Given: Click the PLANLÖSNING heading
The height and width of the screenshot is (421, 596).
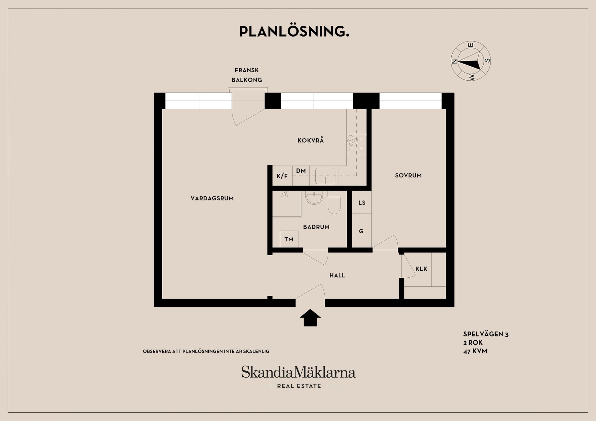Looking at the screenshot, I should tap(294, 32).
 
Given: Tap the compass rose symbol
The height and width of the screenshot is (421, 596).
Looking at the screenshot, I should tap(471, 61).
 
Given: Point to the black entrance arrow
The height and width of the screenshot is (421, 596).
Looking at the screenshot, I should tap(310, 318).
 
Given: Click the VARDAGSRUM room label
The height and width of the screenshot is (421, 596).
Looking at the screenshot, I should tap(212, 199).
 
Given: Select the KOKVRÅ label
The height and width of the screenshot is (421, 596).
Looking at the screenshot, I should tap(310, 141).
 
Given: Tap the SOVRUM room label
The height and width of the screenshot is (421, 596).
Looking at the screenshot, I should tap(408, 176).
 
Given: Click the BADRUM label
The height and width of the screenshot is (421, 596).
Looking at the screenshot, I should tap(316, 227).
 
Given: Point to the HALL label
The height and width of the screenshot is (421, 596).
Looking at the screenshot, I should tap(337, 275).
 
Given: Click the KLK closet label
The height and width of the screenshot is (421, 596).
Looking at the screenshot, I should tap(421, 269).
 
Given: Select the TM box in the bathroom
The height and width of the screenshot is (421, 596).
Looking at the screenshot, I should tap(289, 239).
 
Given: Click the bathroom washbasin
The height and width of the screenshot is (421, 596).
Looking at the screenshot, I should tap(314, 198).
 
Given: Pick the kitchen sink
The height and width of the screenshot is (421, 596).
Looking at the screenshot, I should tap(325, 176).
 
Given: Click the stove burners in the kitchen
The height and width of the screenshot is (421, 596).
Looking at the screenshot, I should tap(351, 140).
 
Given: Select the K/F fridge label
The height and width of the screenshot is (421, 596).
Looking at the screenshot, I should tap(282, 176).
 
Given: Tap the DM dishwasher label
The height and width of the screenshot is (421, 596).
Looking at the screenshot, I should tap(301, 171).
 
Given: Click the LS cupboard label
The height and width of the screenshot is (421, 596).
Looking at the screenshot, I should tap(362, 203).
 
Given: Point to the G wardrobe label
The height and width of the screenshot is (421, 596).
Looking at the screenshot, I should tap(361, 231).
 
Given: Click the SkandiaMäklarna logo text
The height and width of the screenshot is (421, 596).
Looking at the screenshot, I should tap(298, 372).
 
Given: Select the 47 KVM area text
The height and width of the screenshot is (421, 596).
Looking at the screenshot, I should tap(475, 352).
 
